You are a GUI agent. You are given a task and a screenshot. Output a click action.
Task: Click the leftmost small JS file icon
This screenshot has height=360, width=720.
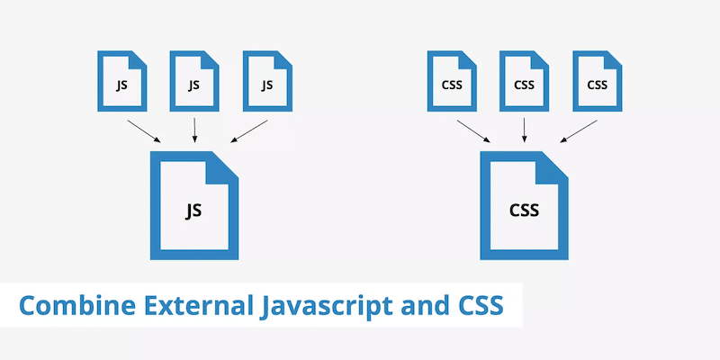(121, 83)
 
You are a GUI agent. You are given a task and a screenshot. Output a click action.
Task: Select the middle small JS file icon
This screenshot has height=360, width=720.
(193, 83)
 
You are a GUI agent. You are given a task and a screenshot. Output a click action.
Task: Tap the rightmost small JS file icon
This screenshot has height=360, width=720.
(266, 83)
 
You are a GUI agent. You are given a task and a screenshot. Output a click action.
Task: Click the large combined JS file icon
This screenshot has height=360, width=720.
(193, 206)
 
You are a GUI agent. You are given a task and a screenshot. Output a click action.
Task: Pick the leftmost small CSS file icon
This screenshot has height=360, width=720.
(451, 83)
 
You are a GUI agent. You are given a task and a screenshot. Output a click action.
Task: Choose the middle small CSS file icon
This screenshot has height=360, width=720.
(524, 83)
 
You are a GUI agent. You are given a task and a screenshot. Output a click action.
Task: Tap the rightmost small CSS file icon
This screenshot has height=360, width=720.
(597, 83)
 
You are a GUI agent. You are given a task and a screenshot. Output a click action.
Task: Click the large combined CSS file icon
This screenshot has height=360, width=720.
(524, 206)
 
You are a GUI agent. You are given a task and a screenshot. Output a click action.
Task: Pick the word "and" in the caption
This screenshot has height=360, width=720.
(412, 305)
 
